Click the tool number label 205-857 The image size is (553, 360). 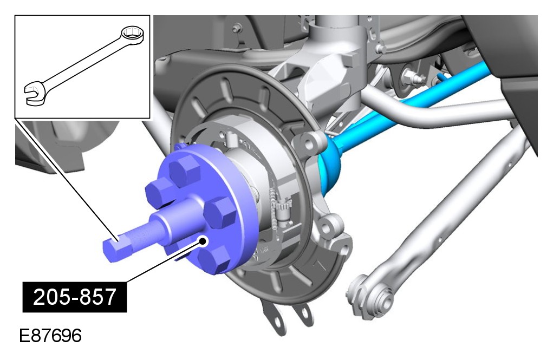pos(74,297)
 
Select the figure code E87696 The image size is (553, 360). pos(50,336)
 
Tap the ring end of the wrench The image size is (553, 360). pos(133,36)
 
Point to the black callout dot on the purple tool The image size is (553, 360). pos(203,241)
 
